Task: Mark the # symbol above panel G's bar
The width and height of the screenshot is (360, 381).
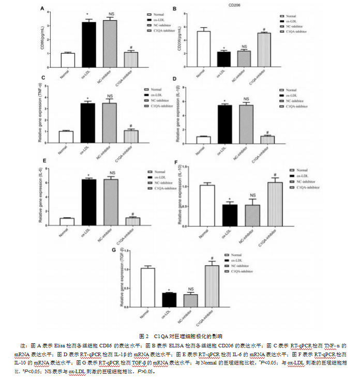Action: click(212, 258)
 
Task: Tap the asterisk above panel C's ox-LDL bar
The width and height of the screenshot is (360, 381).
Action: click(88, 99)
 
